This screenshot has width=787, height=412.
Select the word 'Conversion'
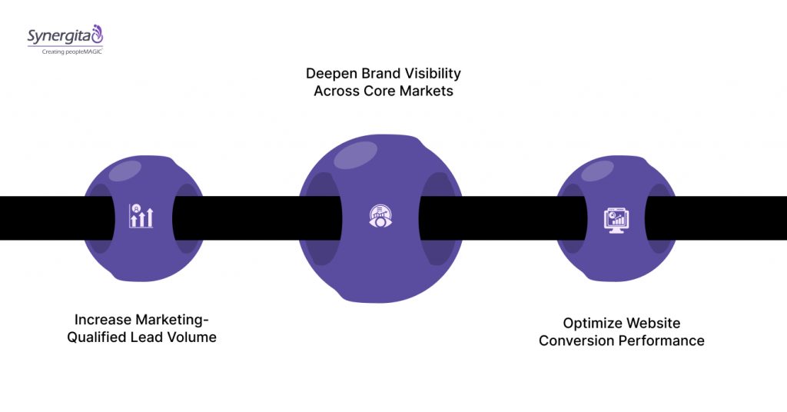click(x=575, y=341)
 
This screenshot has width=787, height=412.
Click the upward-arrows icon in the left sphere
click(x=141, y=217)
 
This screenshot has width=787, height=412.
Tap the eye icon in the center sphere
click(x=381, y=217)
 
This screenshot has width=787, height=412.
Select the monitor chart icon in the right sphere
click(x=615, y=219)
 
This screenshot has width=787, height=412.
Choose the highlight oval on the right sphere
click(x=596, y=171)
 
